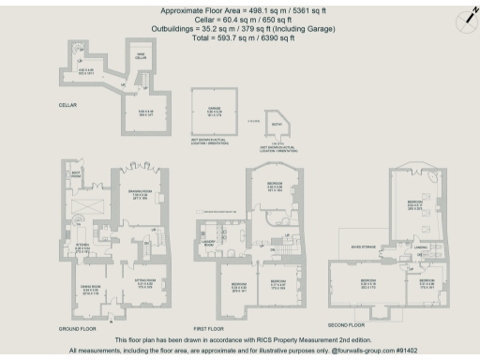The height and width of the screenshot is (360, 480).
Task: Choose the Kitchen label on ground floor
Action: tap(82, 248)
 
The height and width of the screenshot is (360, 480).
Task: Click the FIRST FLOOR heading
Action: tap(211, 327)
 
